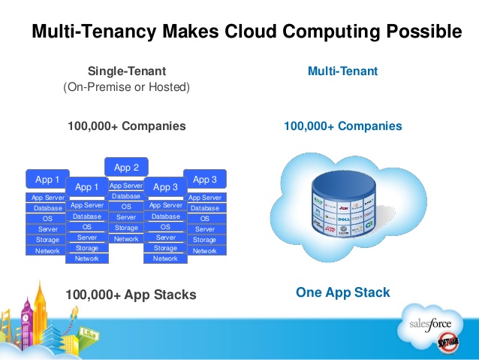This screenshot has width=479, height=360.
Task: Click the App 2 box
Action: pyautogui.click(x=126, y=168)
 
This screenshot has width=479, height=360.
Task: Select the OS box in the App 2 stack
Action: pyautogui.click(x=126, y=207)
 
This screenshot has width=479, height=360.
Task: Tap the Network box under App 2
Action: pyautogui.click(x=126, y=238)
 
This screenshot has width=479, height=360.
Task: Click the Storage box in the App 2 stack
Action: pyautogui.click(x=126, y=228)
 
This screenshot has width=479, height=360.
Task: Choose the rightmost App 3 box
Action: pyautogui.click(x=205, y=180)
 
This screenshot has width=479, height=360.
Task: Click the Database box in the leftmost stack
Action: pyautogui.click(x=47, y=208)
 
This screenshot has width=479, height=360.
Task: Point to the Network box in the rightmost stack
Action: pyautogui.click(x=205, y=250)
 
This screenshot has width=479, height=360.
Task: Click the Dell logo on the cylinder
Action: pyautogui.click(x=342, y=220)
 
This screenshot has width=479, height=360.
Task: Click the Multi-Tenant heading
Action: pyautogui.click(x=342, y=71)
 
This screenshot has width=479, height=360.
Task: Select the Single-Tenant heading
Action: pyautogui.click(x=127, y=71)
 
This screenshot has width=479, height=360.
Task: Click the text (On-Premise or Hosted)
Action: pyautogui.click(x=127, y=87)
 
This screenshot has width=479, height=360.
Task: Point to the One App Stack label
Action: pyautogui.click(x=342, y=292)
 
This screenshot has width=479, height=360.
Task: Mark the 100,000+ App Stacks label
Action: pyautogui.click(x=131, y=295)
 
